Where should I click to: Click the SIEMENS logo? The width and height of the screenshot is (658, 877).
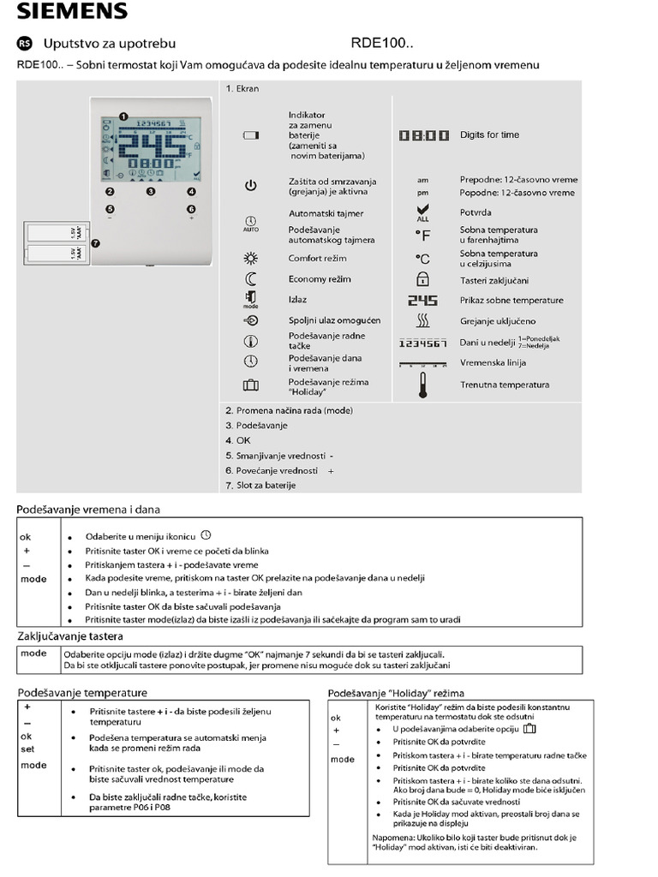[x=72, y=11]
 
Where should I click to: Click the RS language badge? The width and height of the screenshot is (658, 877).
[x=24, y=43]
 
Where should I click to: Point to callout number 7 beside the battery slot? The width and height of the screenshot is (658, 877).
[x=95, y=243]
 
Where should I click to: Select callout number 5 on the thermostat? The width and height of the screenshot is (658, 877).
[x=110, y=208]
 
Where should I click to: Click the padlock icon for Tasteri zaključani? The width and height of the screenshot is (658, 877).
[x=422, y=279]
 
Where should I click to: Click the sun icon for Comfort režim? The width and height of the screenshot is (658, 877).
[x=250, y=258]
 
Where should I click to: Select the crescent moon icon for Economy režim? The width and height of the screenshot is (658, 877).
[x=250, y=279]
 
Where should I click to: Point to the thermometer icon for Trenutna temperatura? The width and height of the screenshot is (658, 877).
[x=422, y=385]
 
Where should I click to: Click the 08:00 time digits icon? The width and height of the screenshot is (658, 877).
[x=423, y=135]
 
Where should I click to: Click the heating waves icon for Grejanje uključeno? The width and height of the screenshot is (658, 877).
[x=422, y=321]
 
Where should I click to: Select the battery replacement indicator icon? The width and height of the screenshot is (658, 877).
[x=250, y=135]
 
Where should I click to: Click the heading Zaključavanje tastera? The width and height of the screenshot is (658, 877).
[x=70, y=636]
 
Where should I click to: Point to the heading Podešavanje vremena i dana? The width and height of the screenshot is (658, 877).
[x=89, y=510]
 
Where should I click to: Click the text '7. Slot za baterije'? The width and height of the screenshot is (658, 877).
[x=260, y=486]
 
